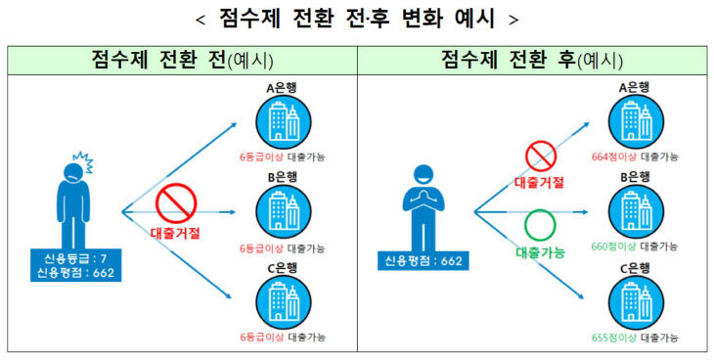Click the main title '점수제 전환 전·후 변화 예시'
357,20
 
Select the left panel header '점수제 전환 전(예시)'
182,60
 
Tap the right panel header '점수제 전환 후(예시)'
531,60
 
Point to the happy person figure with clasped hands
424,207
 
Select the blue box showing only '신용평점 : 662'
424,261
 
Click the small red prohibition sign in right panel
541,156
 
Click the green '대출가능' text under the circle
541,252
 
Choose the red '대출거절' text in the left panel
175,234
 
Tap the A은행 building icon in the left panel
284,122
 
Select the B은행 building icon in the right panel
636,211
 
